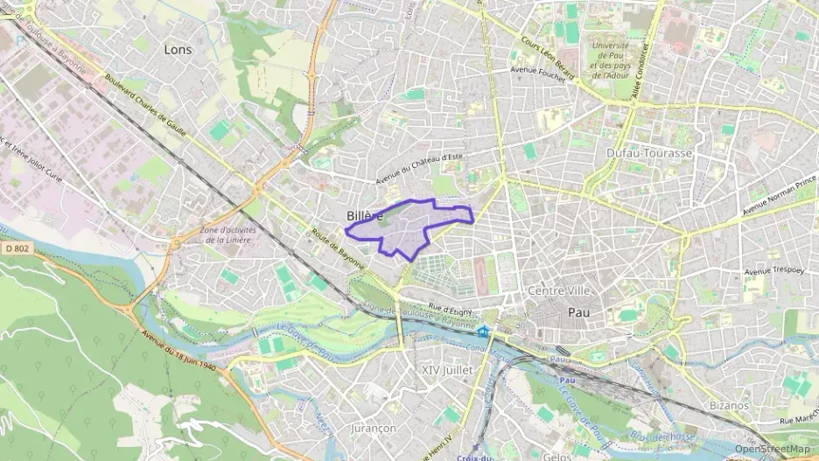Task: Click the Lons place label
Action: click(178, 50)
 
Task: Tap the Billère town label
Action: click(364, 216)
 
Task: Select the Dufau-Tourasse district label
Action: click(648, 153)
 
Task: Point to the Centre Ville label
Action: click(560, 290)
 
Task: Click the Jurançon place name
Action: click(373, 428)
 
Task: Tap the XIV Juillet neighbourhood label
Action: click(446, 370)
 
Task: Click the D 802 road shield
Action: click(17, 250)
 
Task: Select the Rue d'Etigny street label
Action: click(451, 308)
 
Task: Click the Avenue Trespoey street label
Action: click(770, 271)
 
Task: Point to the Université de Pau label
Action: click(610, 61)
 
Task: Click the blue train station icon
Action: click(482, 332)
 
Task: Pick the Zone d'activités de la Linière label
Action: click(226, 234)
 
